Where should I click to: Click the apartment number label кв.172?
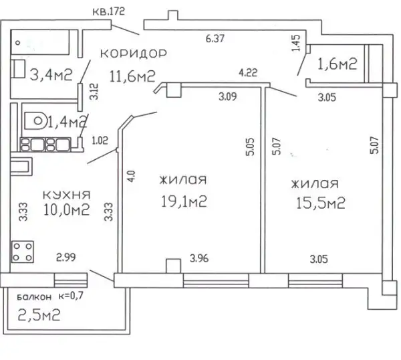(x=109, y=11)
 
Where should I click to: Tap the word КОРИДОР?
(x=134, y=54)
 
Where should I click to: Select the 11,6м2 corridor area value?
(x=132, y=76)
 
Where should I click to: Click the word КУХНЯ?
(x=66, y=195)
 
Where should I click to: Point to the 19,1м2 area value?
(x=184, y=201)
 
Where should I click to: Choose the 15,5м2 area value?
(x=321, y=203)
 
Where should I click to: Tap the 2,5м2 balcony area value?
(x=39, y=314)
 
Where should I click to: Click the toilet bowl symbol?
(x=35, y=120)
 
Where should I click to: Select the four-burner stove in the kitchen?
(x=23, y=252)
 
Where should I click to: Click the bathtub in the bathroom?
(x=40, y=42)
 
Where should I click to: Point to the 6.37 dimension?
(x=215, y=38)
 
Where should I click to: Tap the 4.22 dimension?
(x=248, y=72)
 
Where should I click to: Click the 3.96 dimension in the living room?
(x=199, y=258)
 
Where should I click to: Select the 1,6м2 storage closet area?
(x=337, y=64)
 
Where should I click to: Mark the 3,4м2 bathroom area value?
(x=51, y=75)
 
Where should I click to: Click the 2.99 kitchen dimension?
(x=65, y=257)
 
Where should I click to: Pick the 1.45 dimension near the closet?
(x=295, y=43)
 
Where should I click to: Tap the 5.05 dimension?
(x=250, y=147)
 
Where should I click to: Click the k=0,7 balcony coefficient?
(x=71, y=296)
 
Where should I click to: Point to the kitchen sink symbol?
(x=21, y=167)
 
